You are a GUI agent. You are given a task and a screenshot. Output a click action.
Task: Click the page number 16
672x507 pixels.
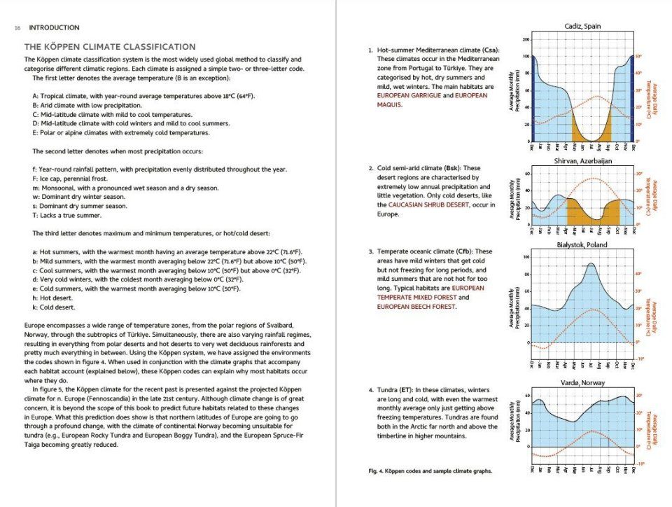[x=17, y=28]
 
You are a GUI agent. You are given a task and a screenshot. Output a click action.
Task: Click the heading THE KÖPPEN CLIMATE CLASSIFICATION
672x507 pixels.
[x=111, y=47]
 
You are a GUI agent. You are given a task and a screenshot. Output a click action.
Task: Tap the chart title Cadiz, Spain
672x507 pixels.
[x=582, y=27]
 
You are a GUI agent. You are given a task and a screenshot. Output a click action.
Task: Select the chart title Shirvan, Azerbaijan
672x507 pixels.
[x=582, y=161]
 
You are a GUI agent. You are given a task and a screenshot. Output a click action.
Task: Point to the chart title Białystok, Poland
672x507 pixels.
[x=582, y=245]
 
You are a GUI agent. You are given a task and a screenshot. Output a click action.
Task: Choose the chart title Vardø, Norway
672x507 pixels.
[x=582, y=384]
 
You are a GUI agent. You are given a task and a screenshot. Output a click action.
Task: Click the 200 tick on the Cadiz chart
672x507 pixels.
[x=525, y=39]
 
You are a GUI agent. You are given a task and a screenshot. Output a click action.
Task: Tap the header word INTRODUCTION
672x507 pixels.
[x=54, y=28]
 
